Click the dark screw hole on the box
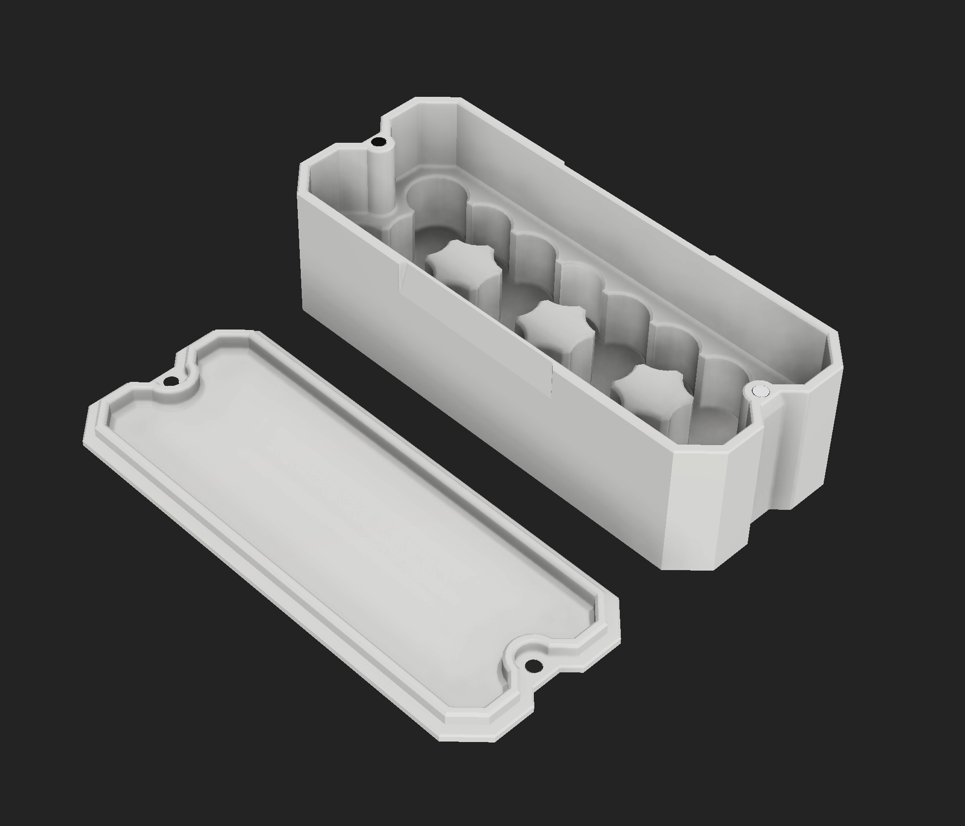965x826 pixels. tap(379, 142)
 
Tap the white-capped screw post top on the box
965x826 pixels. tap(760, 392)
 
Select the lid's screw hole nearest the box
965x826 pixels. tap(171, 381)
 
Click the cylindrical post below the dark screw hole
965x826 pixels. tap(381, 183)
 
